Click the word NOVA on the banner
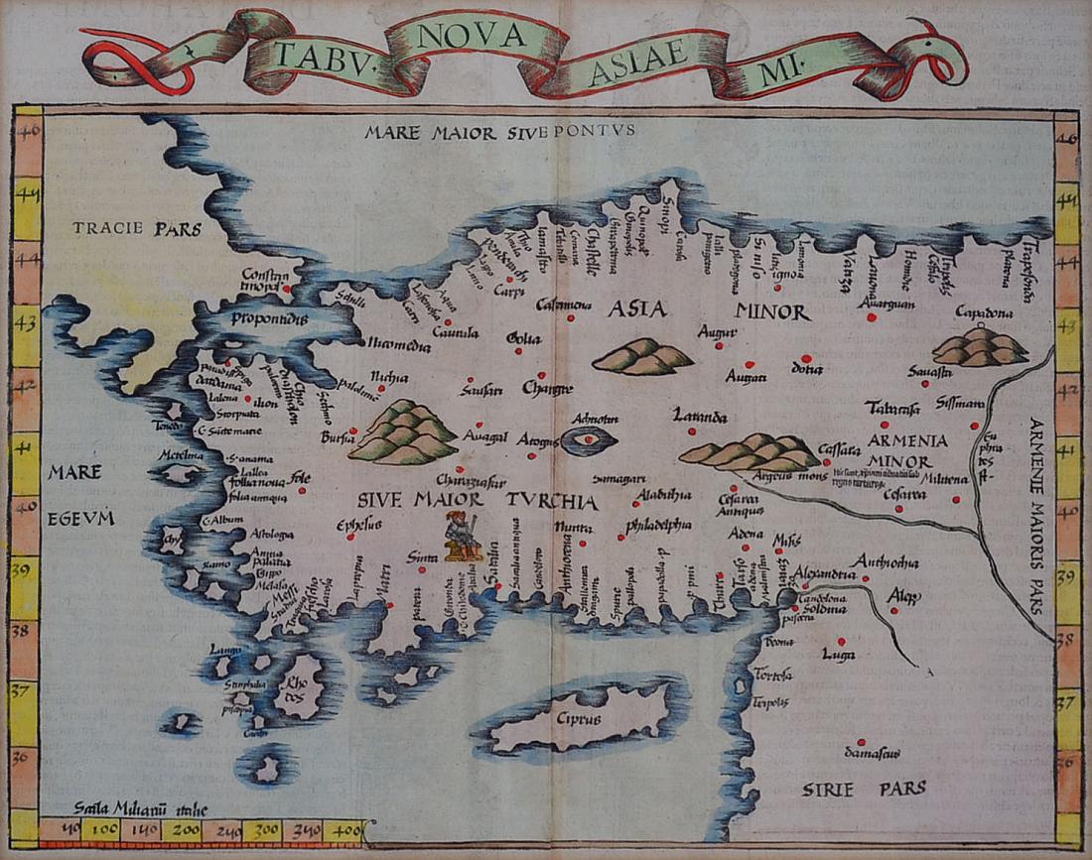tap(472, 36)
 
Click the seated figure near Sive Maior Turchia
tap(462, 537)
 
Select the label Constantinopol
tap(266, 281)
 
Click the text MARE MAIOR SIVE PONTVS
tap(497, 130)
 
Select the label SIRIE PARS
tap(864, 789)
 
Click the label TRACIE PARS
tap(136, 229)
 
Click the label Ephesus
tap(359, 526)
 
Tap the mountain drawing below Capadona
tap(981, 346)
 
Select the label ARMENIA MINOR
tap(906, 450)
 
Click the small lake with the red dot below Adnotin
tap(589, 439)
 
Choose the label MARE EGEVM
tap(81, 495)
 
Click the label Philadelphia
tap(659, 524)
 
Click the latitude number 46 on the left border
tap(27, 128)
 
